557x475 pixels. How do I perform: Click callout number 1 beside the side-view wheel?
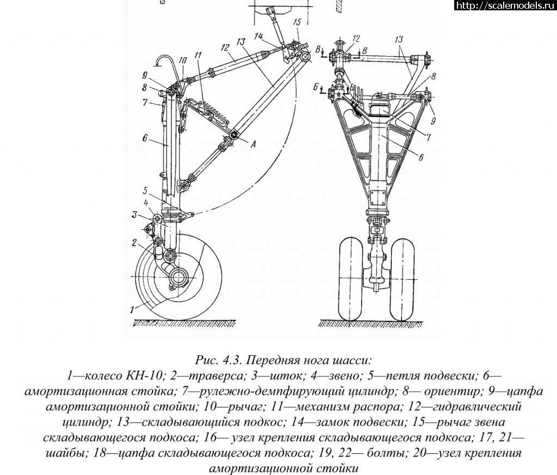131,310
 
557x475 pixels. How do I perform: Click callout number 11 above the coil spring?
197,55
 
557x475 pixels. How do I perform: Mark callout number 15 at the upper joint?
295,22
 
